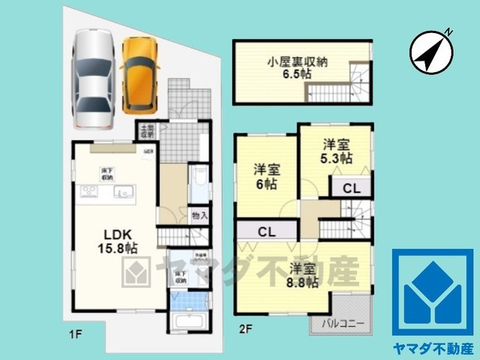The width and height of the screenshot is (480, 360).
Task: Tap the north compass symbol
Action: pyautogui.click(x=430, y=51)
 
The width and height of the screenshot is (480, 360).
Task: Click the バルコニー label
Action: pyautogui.click(x=344, y=324)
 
